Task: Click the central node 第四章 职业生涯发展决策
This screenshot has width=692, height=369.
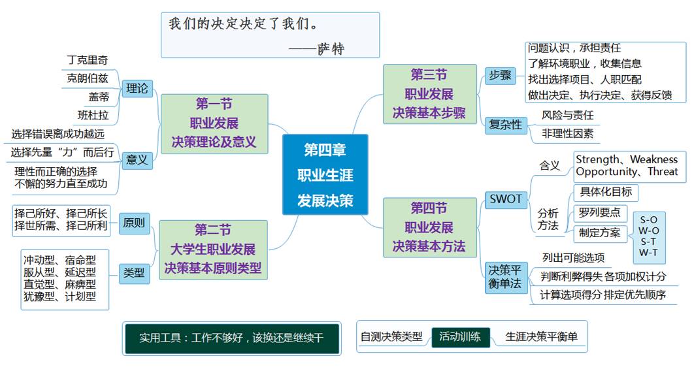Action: (x=325, y=174)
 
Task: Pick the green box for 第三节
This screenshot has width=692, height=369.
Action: (x=429, y=93)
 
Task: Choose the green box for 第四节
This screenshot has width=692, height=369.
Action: (x=429, y=227)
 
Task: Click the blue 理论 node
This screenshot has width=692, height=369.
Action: (x=137, y=88)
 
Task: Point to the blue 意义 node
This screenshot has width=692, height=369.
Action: (x=137, y=159)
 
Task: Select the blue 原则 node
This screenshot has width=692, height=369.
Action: (x=134, y=223)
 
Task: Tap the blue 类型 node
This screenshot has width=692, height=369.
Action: (x=134, y=273)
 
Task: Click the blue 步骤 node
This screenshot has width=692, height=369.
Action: (x=500, y=75)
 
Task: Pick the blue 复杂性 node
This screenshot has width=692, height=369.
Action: (x=506, y=124)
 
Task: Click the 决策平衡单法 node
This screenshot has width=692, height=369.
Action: (x=506, y=277)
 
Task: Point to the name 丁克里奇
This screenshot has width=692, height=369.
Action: (x=88, y=60)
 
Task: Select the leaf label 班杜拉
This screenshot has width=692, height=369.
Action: (x=93, y=116)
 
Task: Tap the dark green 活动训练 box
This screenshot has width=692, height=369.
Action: (x=460, y=337)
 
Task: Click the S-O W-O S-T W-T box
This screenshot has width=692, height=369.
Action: (x=649, y=236)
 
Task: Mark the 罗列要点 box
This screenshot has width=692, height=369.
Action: (x=599, y=213)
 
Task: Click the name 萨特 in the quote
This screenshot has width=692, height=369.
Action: (x=331, y=48)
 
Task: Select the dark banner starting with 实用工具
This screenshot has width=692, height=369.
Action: (x=231, y=338)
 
